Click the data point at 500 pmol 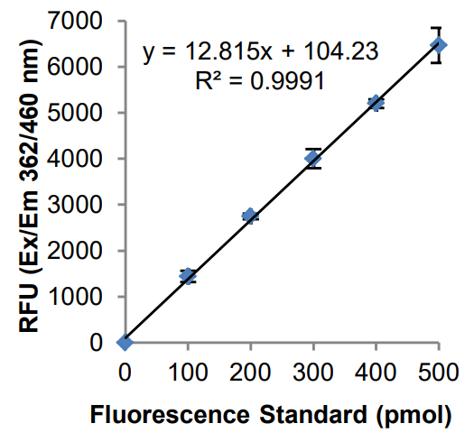(x=439, y=45)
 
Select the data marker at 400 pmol (x=376, y=103)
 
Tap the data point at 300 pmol (x=313, y=158)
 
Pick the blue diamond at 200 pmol (x=250, y=216)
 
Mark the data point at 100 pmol (x=188, y=275)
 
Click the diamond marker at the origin (x=125, y=342)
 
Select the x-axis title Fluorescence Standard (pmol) (x=269, y=416)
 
